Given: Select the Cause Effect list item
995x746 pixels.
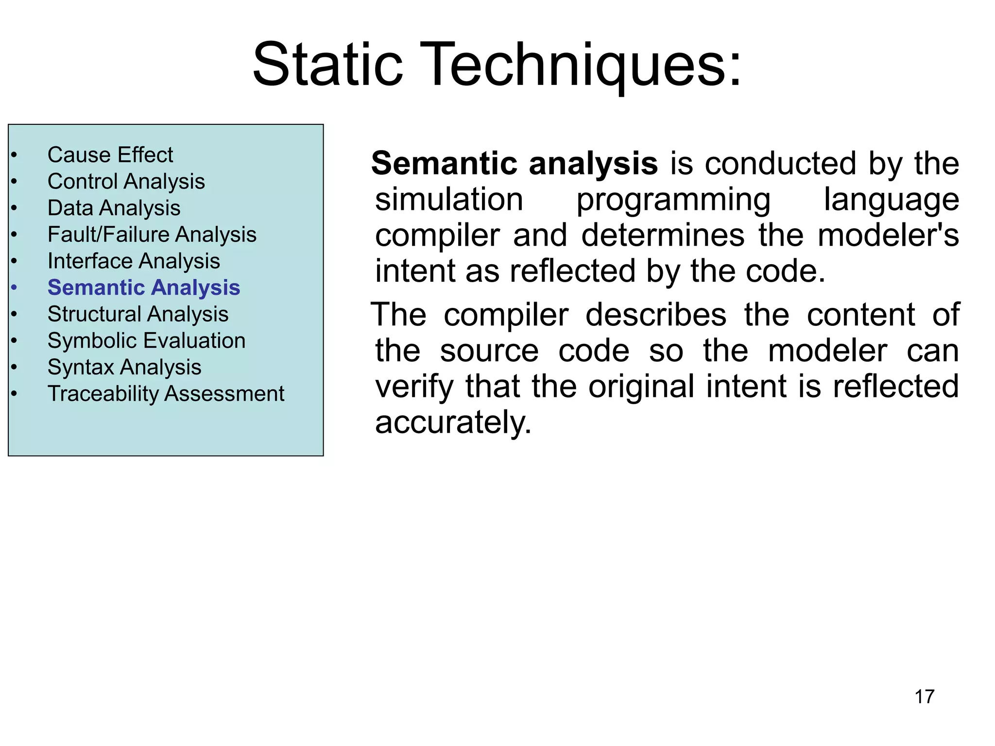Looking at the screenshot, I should click(x=110, y=155).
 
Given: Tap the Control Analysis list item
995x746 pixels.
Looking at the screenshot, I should click(x=126, y=182).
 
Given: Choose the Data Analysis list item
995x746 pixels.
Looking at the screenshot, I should click(x=114, y=208).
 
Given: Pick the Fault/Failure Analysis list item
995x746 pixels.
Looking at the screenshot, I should click(x=152, y=235).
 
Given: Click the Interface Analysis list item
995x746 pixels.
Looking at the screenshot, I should click(x=134, y=261).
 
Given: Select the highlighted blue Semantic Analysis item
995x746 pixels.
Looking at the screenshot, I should click(x=144, y=288).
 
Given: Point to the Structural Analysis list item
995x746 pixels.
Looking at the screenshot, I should click(x=138, y=314).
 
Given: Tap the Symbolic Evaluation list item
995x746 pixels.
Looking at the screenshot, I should click(x=146, y=340).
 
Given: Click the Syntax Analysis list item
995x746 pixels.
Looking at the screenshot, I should click(x=124, y=367).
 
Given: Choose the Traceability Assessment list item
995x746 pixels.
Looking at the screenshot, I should click(x=166, y=393).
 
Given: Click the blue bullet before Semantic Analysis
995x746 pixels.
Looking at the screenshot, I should click(x=14, y=288).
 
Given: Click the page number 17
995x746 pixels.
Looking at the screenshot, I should click(x=924, y=696).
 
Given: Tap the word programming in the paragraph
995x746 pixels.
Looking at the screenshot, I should click(x=673, y=200).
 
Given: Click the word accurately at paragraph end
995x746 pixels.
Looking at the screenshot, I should click(x=453, y=422).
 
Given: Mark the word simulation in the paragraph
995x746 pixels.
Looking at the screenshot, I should click(x=449, y=200).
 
